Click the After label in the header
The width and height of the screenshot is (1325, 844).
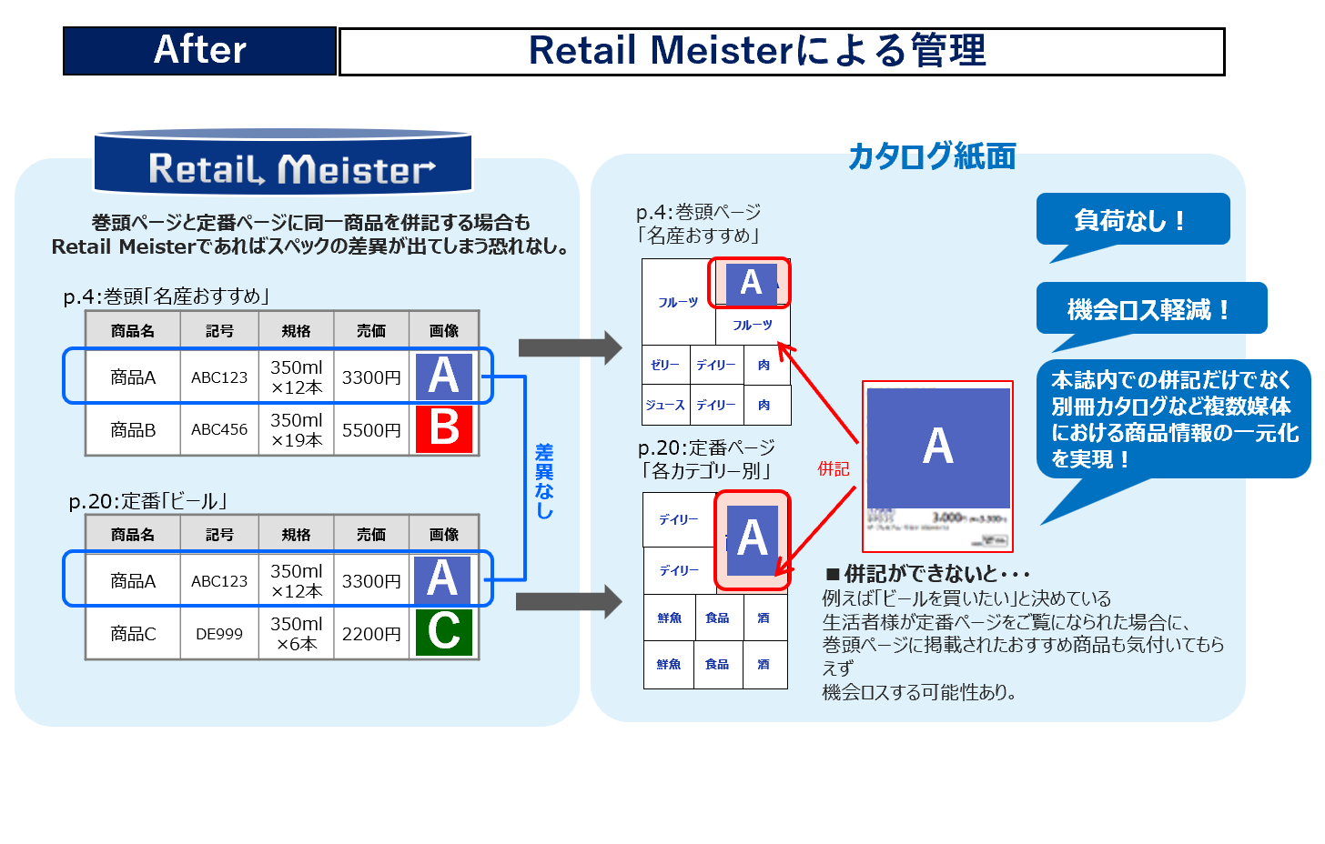tap(199, 50)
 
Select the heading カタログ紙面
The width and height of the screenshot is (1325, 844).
tap(931, 156)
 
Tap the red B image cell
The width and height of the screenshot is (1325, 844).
tap(444, 428)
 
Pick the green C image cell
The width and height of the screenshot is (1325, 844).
tap(444, 632)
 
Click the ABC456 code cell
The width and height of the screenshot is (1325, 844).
tap(219, 429)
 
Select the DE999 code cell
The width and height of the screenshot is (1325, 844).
tap(219, 634)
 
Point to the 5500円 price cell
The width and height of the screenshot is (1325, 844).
tap(371, 429)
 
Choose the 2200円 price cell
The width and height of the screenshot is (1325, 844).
tap(371, 634)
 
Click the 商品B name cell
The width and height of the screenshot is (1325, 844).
tap(133, 429)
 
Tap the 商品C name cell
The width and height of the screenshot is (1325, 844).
tap(133, 634)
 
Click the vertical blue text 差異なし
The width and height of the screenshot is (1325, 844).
tap(544, 481)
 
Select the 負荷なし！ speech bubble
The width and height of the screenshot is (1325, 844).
tap(1132, 220)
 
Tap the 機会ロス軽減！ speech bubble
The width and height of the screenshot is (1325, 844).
tap(1150, 309)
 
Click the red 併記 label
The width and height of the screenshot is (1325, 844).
tap(833, 468)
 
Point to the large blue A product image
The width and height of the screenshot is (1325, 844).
tap(938, 447)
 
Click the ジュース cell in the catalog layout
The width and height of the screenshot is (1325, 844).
tap(665, 405)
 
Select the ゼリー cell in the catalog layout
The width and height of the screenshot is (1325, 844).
tap(665, 365)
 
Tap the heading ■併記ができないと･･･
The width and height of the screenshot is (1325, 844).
tap(927, 574)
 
